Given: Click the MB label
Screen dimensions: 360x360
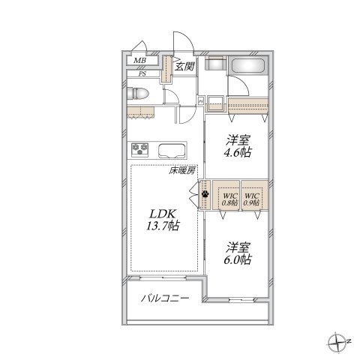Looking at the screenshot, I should click(139, 64).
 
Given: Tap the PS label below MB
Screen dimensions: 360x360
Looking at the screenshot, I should click(140, 74).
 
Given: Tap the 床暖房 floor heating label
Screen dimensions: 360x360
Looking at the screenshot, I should click(181, 171).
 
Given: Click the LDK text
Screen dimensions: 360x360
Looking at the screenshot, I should click(161, 211).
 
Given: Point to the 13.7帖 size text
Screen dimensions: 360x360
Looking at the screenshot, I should click(163, 225).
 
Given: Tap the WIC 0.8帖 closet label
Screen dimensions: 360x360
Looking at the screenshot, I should click(228, 198).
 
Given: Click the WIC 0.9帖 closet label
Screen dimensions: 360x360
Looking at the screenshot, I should click(251, 198).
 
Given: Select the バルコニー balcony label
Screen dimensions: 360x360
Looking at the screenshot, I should click(164, 298).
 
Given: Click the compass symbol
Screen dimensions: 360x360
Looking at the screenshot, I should click(335, 344).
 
